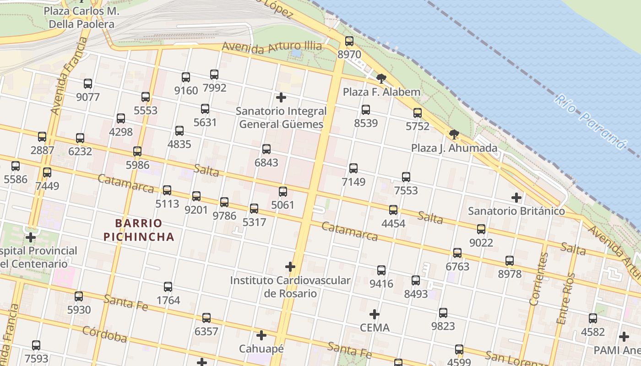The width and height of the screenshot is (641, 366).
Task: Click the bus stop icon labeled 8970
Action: pos(349,41)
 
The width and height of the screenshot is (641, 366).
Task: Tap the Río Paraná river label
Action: pos(590,122)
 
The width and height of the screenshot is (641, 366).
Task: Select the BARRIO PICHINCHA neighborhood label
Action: pos(139,230)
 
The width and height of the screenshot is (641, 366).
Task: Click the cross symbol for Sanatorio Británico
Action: pos(516,198)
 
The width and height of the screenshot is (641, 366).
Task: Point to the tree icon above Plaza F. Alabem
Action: pos(381,78)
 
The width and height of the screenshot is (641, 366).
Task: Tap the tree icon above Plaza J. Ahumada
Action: pos(454,135)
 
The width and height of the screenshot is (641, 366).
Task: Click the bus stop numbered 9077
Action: pos(88,84)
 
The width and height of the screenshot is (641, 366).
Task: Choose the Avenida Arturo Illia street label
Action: pos(272,47)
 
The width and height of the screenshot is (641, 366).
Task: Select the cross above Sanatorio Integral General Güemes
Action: pos(281,97)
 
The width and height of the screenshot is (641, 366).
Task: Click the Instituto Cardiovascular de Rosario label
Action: pos(290,287)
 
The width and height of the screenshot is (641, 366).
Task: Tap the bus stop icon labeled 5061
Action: pos(283,192)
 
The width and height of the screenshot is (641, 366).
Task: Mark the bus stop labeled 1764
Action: pos(168,287)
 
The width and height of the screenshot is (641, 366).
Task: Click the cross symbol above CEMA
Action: pos(375,314)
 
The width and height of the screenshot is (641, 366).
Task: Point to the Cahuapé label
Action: pos(261,349)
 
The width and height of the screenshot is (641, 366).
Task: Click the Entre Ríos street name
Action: pos(565,298)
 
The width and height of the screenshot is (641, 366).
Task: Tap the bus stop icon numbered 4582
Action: pos(593,318)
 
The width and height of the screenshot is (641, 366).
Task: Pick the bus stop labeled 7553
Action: pos(406,177)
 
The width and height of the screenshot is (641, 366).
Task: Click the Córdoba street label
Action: pos(105,334)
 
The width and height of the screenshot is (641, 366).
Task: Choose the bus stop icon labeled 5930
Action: pos(79,296)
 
